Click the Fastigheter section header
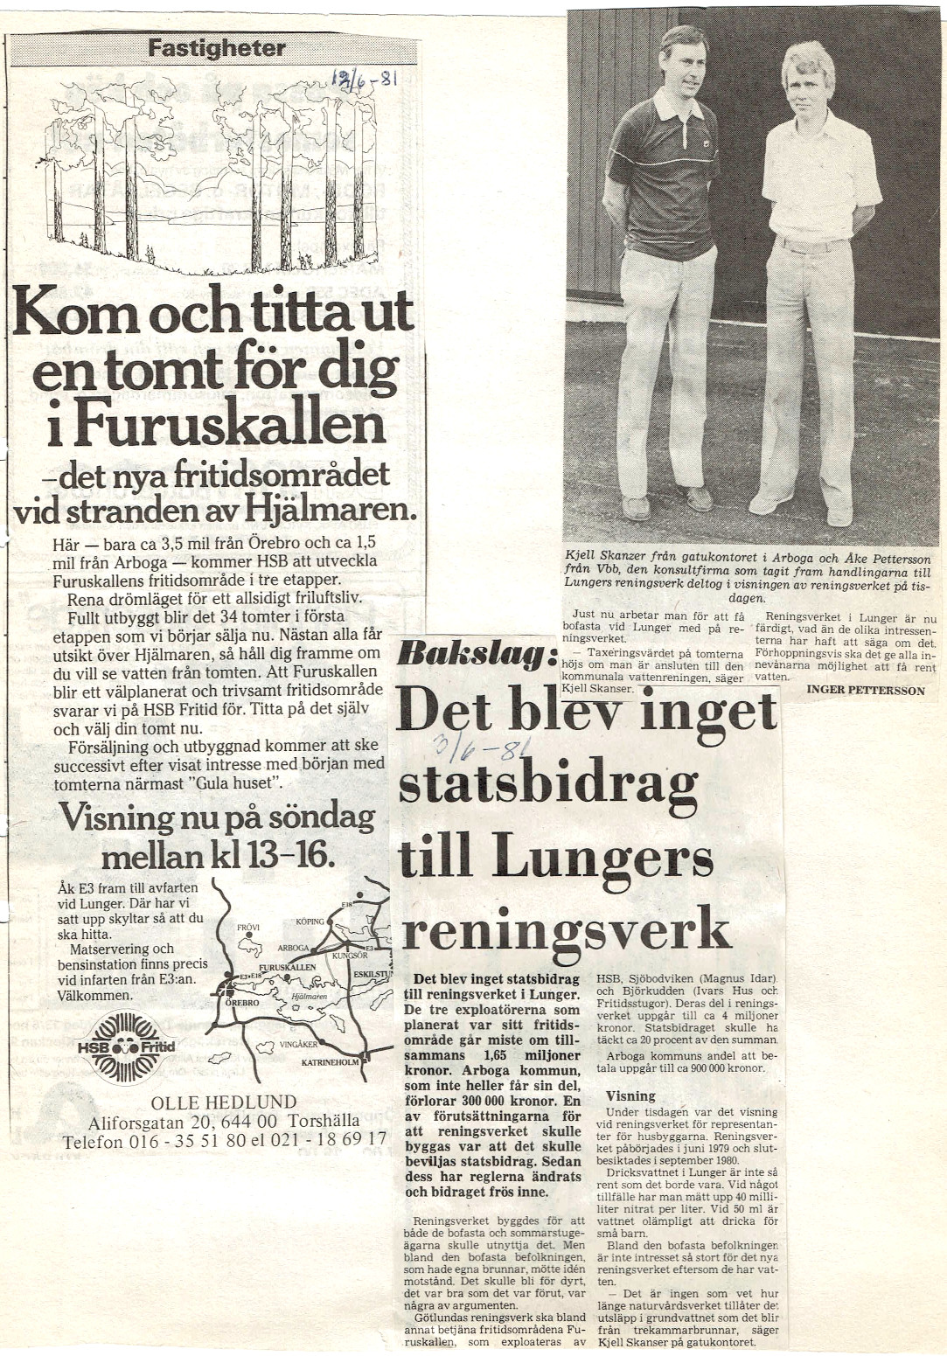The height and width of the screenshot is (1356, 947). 216,48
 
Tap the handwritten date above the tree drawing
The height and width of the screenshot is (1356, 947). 365,81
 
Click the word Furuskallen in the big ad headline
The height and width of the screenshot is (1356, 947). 230,426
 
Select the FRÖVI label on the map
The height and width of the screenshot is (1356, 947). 249,928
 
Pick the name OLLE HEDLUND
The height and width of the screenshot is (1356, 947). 224,1102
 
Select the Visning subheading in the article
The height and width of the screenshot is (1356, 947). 630,1095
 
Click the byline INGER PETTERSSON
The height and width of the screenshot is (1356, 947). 865,690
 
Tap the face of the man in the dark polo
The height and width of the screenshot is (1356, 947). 682,63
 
